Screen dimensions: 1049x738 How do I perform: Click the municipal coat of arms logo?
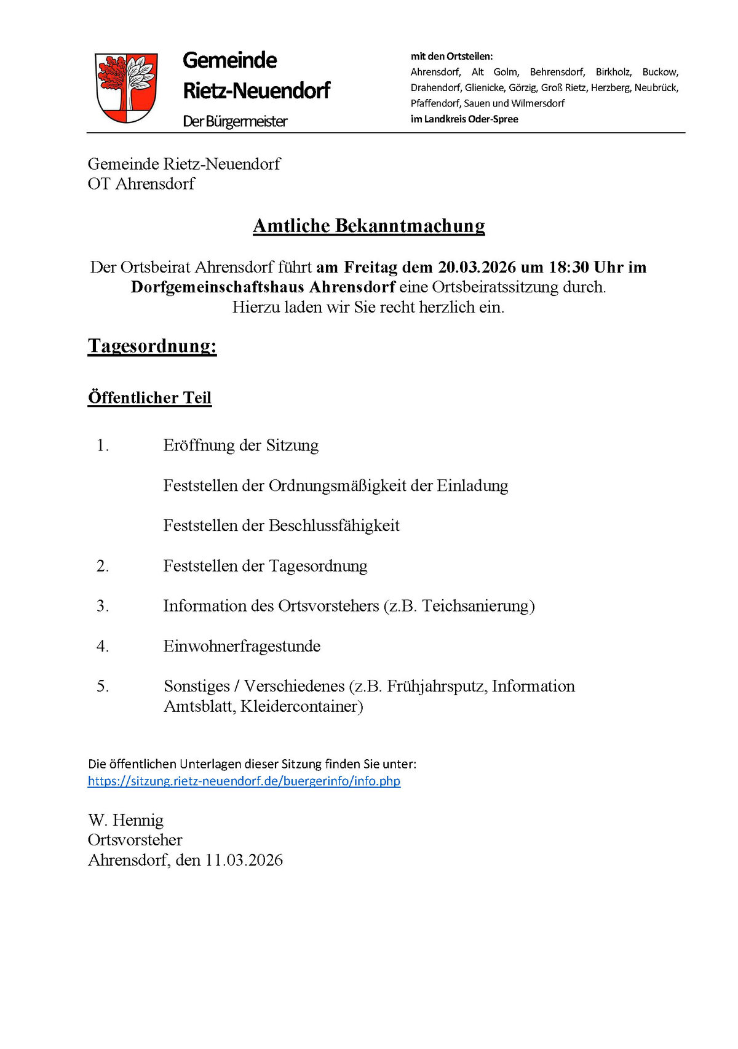[x=126, y=87]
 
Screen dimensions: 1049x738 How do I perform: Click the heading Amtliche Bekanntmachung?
[x=368, y=226]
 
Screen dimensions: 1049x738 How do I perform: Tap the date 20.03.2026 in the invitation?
[x=477, y=267]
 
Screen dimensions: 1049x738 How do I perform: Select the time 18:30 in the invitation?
[x=569, y=267]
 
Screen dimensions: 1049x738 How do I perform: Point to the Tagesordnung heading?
[x=152, y=346]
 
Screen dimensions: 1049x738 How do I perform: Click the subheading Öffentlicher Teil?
[x=149, y=397]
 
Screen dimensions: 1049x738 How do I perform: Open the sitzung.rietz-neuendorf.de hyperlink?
[x=244, y=781]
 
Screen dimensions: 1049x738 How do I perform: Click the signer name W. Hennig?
[x=125, y=820]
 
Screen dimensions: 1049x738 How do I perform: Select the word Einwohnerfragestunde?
[x=242, y=646]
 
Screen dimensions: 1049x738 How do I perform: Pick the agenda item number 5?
[x=103, y=686]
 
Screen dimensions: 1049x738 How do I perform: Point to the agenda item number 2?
[x=103, y=566]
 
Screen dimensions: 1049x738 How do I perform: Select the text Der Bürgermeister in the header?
[x=235, y=121]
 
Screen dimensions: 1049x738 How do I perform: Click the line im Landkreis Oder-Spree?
[x=464, y=119]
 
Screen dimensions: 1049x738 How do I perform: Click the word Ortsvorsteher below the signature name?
[x=135, y=840]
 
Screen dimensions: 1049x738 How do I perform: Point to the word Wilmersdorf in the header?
[x=538, y=103]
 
